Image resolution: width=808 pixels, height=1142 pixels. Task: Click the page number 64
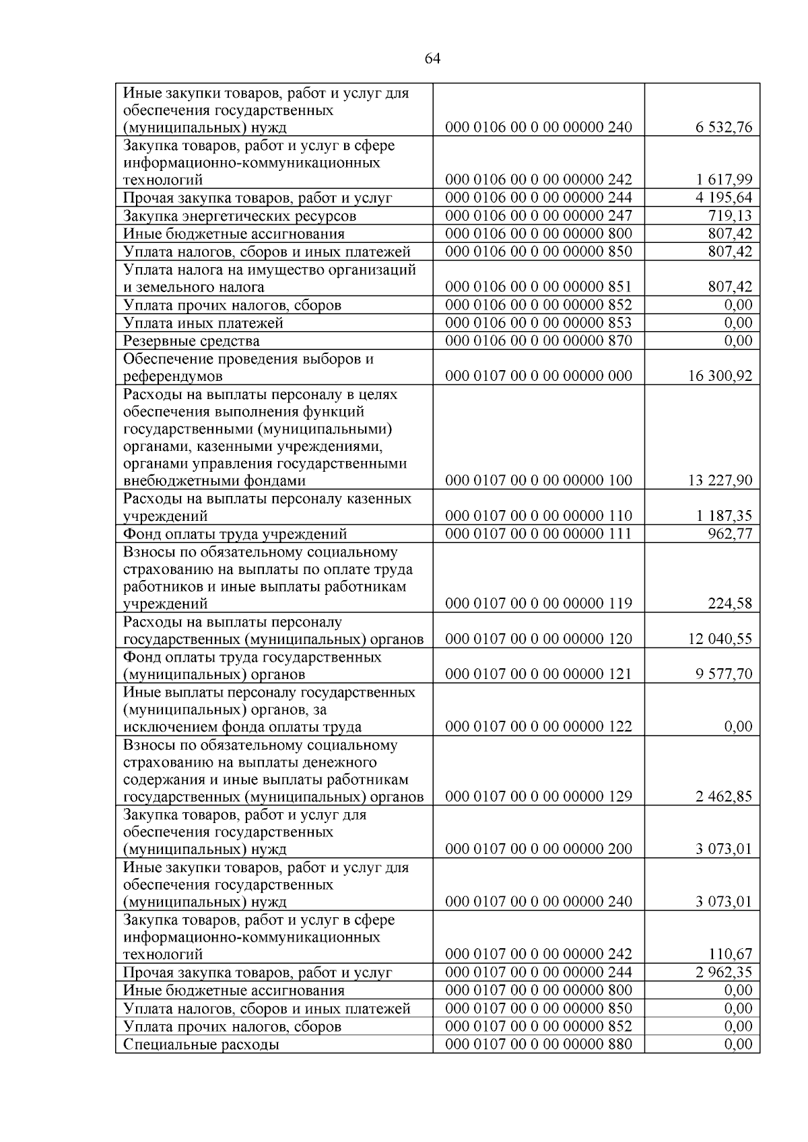pos(433,59)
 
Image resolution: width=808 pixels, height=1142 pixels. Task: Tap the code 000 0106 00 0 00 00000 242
pos(539,180)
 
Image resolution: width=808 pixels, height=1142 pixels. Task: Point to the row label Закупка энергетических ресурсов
pos(240,216)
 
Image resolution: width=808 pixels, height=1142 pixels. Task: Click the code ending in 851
pos(539,287)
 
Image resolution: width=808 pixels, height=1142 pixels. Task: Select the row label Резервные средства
pos(191,341)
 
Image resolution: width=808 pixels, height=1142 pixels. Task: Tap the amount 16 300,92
pos(720,376)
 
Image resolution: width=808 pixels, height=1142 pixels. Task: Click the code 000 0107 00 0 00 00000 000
pos(539,376)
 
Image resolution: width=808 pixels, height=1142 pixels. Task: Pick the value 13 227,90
pos(720,480)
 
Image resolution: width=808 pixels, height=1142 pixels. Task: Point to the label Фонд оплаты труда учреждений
pos(235,534)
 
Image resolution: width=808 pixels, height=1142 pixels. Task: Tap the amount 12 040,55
pos(720,639)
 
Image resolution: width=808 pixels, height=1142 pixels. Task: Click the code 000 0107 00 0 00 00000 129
pos(539,797)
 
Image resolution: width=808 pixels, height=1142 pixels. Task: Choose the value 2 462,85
pos(725,797)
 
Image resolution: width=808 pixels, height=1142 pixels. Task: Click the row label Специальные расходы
pos(201,1045)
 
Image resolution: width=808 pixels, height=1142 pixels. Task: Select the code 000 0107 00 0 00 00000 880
pos(539,1044)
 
